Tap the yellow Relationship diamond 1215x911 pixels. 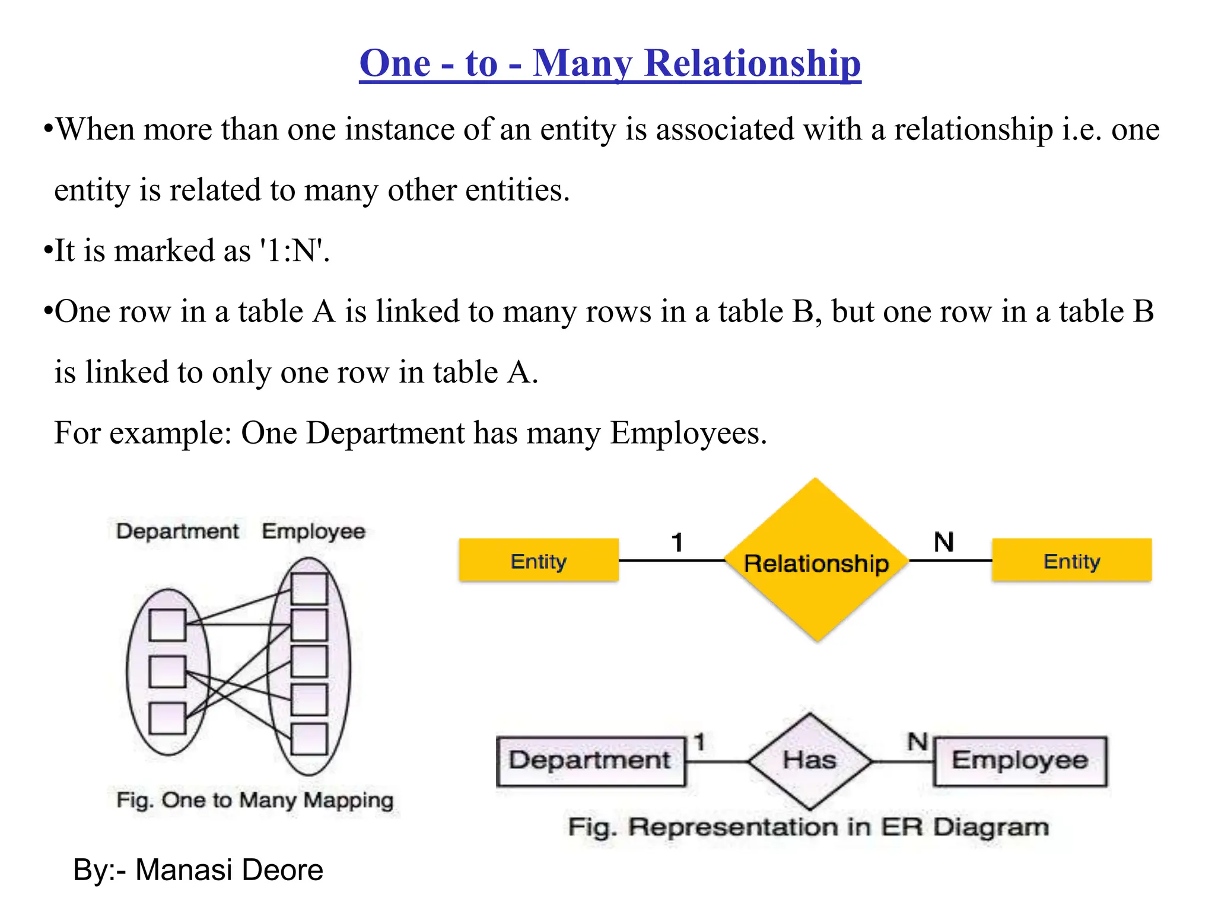click(x=816, y=560)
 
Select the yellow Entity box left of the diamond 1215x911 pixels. click(x=539, y=560)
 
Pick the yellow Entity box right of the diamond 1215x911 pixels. click(x=1071, y=560)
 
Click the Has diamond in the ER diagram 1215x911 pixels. click(x=810, y=760)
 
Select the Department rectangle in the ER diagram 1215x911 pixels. click(x=590, y=761)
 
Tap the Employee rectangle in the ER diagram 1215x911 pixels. click(x=1020, y=761)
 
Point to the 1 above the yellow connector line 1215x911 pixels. click(x=678, y=542)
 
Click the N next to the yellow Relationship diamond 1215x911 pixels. click(x=943, y=542)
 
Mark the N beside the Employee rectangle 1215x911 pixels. click(x=917, y=741)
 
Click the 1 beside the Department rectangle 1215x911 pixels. click(x=699, y=741)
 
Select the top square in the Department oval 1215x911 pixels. click(x=167, y=625)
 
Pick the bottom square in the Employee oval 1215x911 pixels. click(x=309, y=739)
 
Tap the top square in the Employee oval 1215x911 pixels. click(x=309, y=588)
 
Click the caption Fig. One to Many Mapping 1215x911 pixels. click(x=255, y=800)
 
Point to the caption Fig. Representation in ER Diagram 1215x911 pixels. click(x=808, y=827)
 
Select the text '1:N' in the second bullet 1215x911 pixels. click(x=293, y=251)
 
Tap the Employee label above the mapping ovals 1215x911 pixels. click(x=313, y=531)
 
